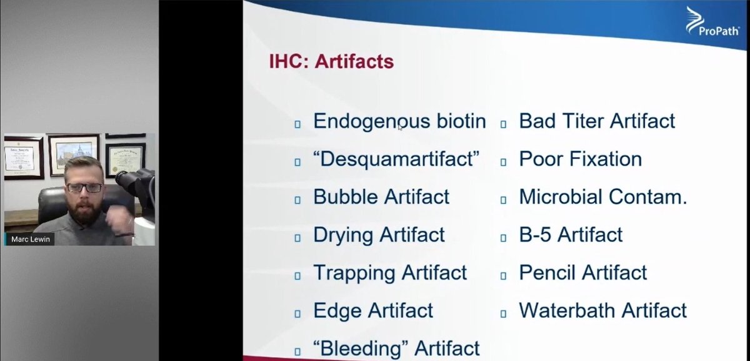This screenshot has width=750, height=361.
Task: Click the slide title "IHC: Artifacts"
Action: pos(331,62)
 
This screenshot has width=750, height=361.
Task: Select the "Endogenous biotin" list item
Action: pos(399,121)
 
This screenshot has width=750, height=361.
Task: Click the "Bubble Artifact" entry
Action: pos(381,197)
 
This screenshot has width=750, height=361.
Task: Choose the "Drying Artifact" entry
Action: pos(379,235)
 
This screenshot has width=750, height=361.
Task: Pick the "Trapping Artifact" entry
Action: pos(390,273)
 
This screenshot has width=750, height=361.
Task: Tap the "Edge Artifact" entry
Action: pos(373,310)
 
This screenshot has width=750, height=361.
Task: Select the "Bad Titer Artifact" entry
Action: pos(597,121)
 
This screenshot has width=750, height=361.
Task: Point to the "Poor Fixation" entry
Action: pos(580,159)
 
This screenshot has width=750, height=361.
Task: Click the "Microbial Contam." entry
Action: pos(602,197)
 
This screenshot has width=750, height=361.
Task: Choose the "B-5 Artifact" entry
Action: pos(571,235)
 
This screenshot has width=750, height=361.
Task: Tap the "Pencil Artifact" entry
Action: pos(582,273)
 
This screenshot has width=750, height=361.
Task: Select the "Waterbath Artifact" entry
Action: pos(602,310)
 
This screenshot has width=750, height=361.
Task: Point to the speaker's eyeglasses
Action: pos(85,188)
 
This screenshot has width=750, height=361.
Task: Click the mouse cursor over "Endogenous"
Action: pos(400,127)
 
